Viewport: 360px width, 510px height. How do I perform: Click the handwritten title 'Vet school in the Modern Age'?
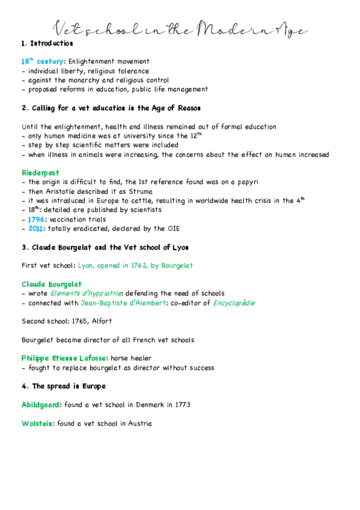click(x=180, y=28)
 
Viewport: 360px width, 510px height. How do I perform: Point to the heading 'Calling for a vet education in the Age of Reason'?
click(x=111, y=108)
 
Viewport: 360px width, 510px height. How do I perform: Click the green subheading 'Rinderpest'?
click(x=40, y=173)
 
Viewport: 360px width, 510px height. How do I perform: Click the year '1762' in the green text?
click(x=135, y=265)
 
